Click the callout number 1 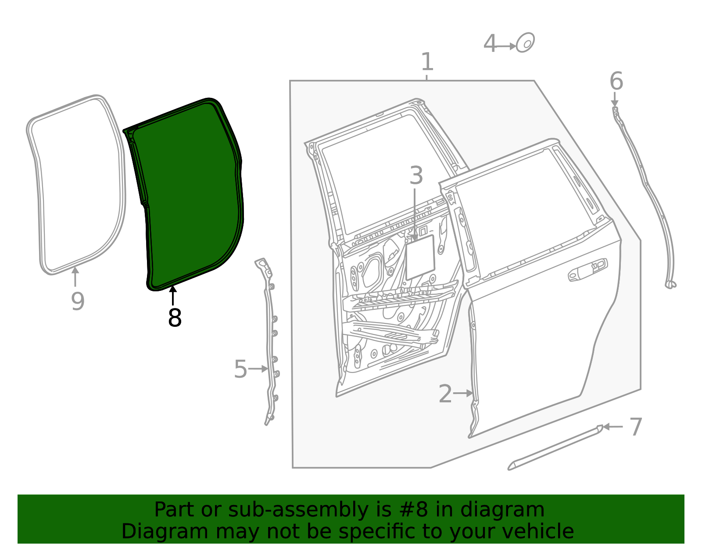click(427, 62)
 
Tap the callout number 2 click(445, 394)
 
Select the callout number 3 click(416, 176)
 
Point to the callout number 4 click(490, 44)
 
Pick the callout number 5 click(240, 369)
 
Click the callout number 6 click(616, 82)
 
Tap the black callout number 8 click(175, 318)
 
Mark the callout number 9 click(78, 301)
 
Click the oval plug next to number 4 click(525, 43)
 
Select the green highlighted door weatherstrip click(189, 197)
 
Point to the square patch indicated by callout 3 click(420, 258)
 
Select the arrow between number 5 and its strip click(258, 369)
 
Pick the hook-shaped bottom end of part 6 click(670, 285)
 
